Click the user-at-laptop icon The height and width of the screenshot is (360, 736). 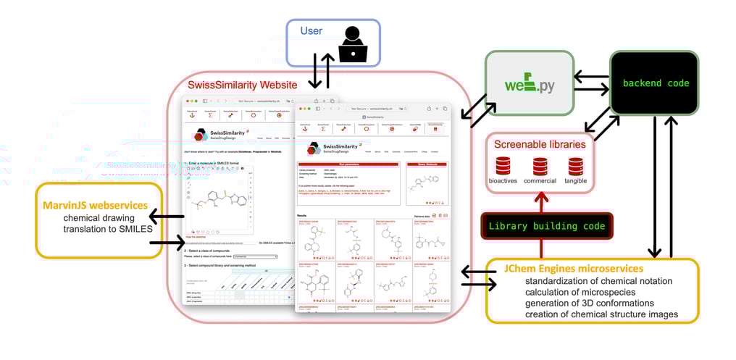[353, 43]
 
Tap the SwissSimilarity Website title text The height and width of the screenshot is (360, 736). [242, 85]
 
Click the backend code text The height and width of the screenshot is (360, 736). [656, 83]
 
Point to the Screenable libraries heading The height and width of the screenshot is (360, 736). [540, 144]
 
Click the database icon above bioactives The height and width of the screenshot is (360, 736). [501, 166]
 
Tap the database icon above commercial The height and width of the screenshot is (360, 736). [540, 166]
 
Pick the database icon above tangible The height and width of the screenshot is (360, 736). [576, 166]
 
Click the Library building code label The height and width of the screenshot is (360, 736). [546, 226]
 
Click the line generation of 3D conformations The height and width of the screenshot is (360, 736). [590, 303]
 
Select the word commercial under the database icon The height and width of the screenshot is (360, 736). [540, 181]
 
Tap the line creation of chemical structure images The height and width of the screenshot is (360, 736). [601, 314]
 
